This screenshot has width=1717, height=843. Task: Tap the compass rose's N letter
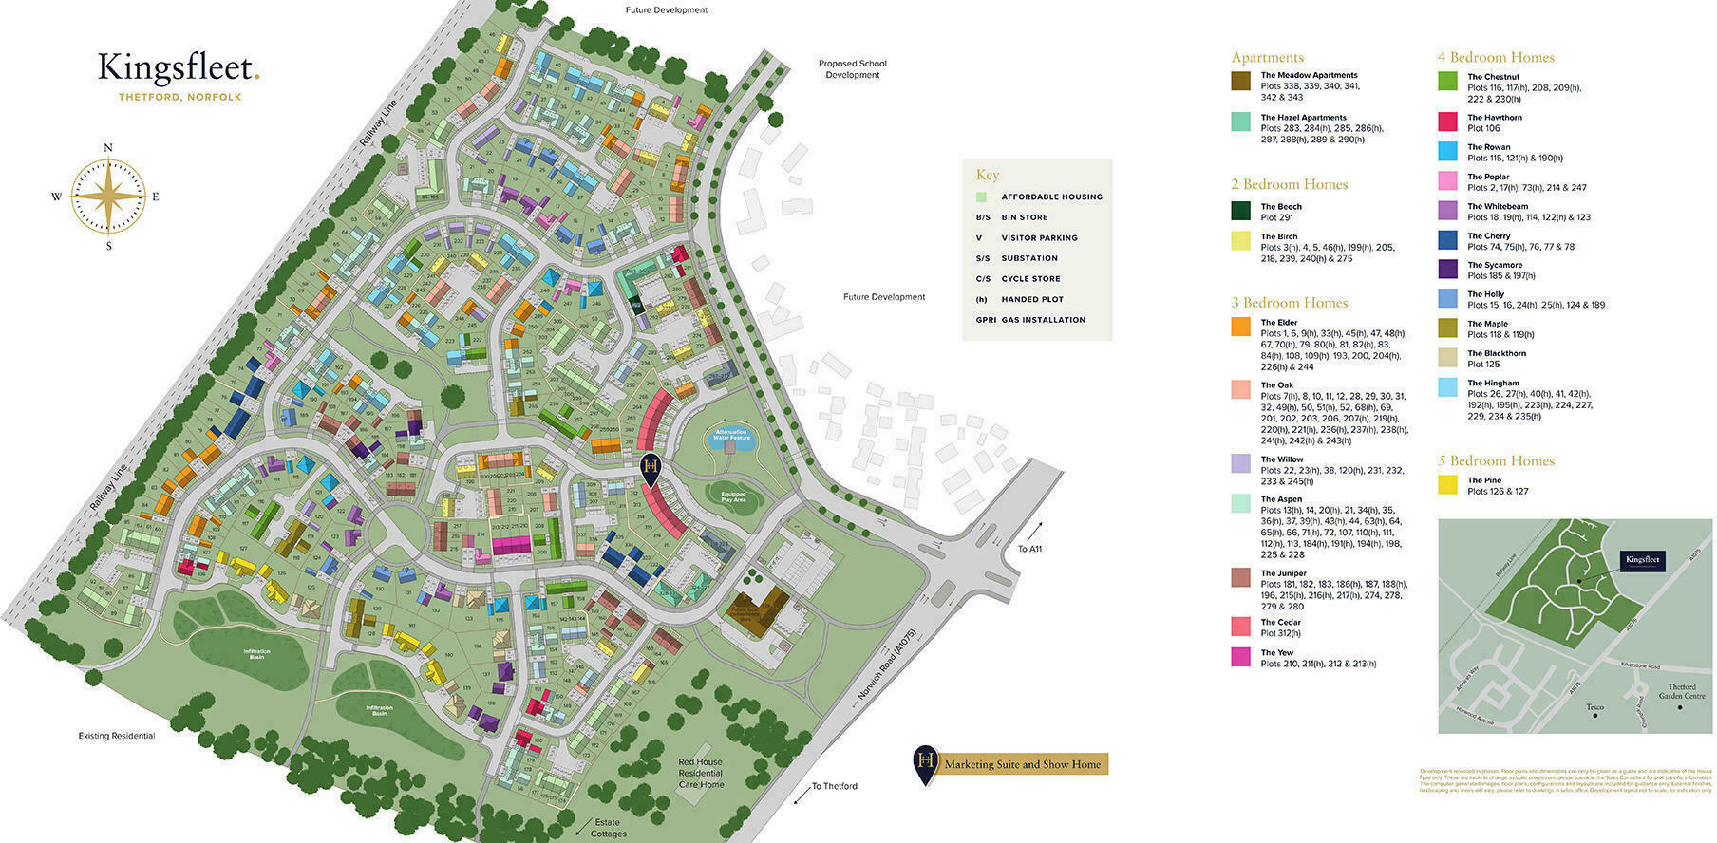[x=108, y=147]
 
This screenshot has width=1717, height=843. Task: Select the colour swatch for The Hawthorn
[x=1447, y=122]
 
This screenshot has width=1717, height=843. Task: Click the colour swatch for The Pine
[x=1447, y=485]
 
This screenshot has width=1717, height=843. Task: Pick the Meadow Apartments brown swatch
[x=1240, y=81]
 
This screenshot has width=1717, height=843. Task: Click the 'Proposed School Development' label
[x=852, y=69]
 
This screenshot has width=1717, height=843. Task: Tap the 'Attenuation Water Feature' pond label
[x=732, y=435]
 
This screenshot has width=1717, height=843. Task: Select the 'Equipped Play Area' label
[x=733, y=496]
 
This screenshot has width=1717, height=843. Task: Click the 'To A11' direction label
[x=1029, y=549]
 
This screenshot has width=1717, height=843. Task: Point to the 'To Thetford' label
[x=834, y=786]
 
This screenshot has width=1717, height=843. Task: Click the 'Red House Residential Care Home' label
[x=701, y=773]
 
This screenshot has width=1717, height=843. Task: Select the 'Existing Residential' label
[x=116, y=736]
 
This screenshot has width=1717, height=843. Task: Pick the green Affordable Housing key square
[x=981, y=197]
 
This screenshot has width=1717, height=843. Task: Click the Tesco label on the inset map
[x=1594, y=707]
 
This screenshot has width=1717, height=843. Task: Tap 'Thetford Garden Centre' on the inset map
[x=1687, y=691]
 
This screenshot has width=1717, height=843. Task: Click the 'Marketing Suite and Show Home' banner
[x=1022, y=764]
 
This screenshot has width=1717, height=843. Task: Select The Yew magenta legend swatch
[x=1240, y=657]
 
